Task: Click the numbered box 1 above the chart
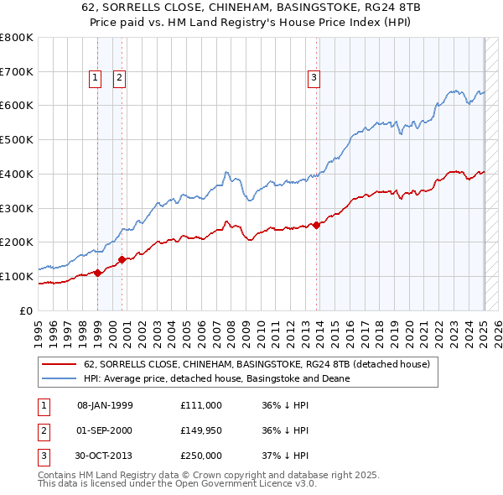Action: click(x=95, y=78)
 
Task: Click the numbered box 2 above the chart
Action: click(x=120, y=78)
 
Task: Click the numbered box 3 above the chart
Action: click(x=314, y=78)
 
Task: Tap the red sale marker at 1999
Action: click(x=97, y=272)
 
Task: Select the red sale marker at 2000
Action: click(x=122, y=259)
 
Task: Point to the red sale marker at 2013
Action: click(x=316, y=225)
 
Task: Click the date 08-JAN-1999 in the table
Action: click(x=105, y=405)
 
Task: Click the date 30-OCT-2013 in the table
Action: click(x=105, y=456)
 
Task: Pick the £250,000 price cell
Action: click(x=200, y=456)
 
